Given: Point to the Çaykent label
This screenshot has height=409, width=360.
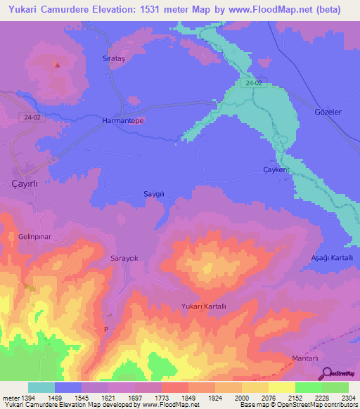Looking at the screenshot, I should (x=276, y=171).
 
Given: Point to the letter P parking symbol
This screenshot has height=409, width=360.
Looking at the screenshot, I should (x=106, y=329).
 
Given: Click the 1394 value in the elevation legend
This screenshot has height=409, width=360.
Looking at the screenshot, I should (x=22, y=398).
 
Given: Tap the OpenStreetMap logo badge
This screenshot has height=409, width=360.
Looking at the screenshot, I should (x=337, y=373).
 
